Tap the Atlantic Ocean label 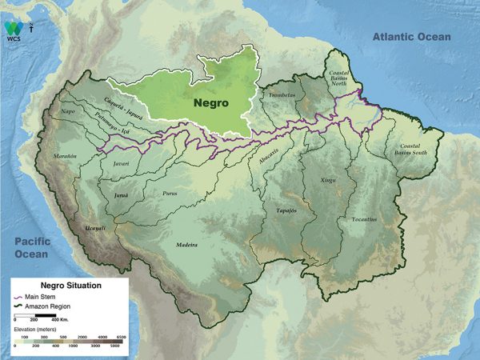click(x=410, y=37)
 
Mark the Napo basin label click(x=68, y=113)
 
